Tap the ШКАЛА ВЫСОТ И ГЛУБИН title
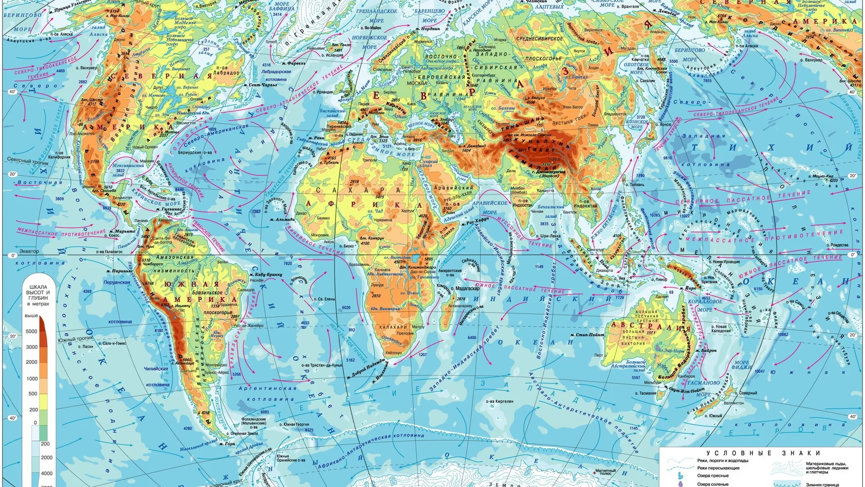click(x=39, y=295)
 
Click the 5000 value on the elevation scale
click(x=32, y=331)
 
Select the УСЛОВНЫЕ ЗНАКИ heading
click(x=763, y=453)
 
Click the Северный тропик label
click(x=24, y=160)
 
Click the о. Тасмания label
click(x=648, y=393)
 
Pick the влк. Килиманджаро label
click(x=418, y=267)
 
